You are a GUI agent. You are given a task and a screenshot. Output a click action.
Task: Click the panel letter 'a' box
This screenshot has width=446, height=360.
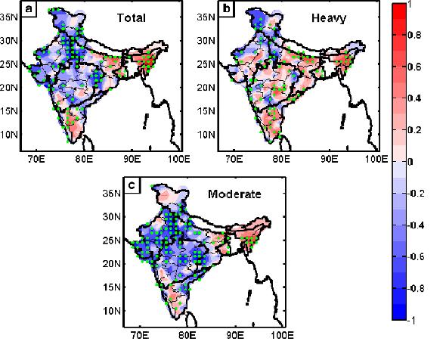29,9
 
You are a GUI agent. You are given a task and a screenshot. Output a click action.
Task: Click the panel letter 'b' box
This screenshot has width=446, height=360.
227,9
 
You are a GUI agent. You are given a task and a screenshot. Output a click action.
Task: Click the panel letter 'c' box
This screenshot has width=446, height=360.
132,185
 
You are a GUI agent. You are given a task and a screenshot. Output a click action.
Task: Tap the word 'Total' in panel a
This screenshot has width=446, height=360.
131,18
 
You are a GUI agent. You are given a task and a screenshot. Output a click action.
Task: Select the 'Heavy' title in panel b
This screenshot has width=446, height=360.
329,18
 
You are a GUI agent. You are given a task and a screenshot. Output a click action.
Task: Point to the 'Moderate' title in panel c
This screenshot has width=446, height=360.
234,194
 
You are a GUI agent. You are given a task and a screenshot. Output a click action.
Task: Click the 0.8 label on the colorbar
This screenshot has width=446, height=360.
414,36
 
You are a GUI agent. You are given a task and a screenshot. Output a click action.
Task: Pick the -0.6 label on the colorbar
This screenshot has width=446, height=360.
416,257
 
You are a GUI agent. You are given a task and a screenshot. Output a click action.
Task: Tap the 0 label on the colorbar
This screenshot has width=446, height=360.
410,162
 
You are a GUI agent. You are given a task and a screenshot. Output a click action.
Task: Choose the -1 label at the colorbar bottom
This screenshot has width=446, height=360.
411,321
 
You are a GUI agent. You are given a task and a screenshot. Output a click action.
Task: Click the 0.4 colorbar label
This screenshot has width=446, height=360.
414,98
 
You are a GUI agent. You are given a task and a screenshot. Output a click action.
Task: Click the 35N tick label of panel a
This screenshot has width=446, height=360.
9,17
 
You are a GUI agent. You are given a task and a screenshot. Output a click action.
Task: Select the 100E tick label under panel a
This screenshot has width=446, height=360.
178,159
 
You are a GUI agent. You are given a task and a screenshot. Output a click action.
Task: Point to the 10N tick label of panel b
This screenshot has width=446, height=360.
206,135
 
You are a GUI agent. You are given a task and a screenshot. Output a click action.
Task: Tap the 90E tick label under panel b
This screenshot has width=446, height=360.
330,159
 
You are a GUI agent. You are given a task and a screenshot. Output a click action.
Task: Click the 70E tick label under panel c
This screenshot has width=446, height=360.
140,335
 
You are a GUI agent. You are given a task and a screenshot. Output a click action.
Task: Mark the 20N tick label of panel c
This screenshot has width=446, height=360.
112,264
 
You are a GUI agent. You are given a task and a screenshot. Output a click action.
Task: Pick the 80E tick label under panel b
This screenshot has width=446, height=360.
281,159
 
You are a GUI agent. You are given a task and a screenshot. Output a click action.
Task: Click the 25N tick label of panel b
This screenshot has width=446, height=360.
206,64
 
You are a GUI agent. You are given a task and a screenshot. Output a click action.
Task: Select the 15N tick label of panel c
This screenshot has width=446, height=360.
112,287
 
